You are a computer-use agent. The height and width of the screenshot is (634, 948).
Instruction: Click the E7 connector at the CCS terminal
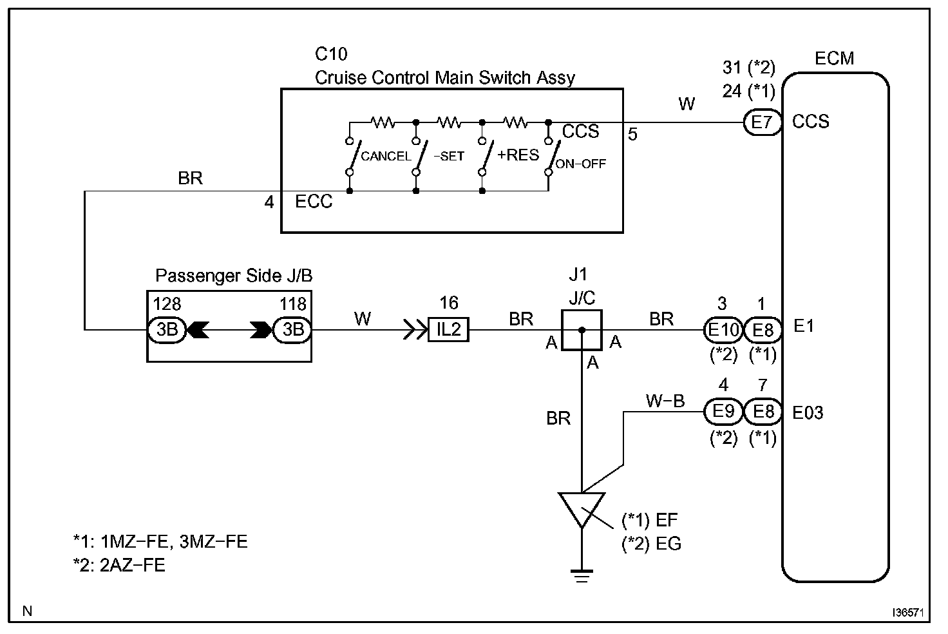762,122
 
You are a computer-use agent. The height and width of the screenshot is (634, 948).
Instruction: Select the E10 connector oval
723,329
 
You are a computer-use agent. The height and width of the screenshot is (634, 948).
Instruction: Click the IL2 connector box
449,329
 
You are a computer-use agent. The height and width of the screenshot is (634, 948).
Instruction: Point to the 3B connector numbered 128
167,329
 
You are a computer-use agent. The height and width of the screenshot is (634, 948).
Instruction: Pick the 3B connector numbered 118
293,329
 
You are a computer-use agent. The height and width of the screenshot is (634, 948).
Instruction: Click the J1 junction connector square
582,330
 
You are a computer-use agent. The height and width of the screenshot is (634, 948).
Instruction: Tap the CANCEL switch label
386,156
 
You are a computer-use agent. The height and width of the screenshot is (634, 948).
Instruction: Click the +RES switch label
518,155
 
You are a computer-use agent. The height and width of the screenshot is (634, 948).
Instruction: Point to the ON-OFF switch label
581,164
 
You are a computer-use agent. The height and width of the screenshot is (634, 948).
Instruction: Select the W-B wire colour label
665,401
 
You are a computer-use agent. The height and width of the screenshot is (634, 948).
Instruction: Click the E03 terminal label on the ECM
808,412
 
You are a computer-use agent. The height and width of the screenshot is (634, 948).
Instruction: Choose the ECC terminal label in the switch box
314,202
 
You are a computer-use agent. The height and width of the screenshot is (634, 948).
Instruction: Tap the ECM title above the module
834,59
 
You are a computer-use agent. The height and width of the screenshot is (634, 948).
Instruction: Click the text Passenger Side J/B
234,276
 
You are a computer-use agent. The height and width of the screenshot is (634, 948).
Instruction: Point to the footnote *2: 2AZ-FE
119,565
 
